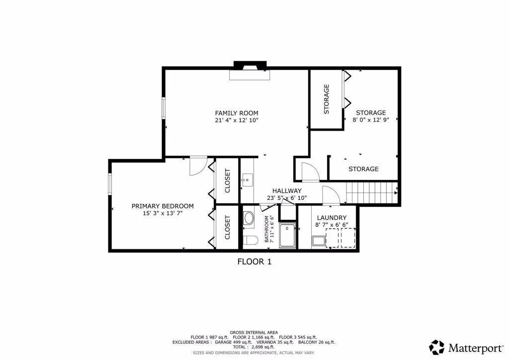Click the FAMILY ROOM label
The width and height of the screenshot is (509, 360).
236,113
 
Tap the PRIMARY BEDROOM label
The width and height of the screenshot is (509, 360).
163,206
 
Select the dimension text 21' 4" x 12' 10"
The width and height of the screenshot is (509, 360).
236,120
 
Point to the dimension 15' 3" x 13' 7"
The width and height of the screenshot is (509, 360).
163,213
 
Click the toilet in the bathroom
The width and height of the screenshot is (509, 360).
250,241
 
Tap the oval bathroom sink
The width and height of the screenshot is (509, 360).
248,218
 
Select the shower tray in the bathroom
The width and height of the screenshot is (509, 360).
287,235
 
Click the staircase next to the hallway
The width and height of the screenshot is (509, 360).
372,192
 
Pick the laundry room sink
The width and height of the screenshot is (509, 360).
318,242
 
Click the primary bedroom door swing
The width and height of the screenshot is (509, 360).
197,165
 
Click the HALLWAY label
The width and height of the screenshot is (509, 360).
287,190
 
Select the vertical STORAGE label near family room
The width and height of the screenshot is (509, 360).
327,99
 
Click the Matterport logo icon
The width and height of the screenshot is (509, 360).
437,347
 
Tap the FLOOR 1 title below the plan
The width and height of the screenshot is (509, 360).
254,262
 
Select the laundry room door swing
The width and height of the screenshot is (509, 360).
330,195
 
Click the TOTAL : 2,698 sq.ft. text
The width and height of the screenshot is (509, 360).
254,347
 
